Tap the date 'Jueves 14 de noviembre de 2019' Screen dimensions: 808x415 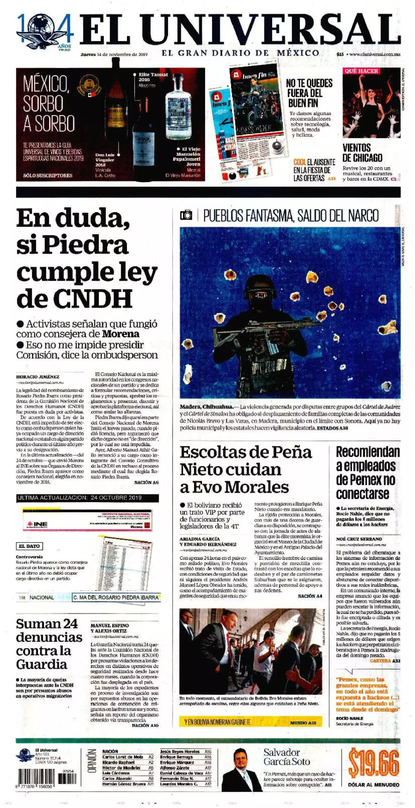click(x=114, y=54)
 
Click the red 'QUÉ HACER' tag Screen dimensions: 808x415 click(x=361, y=71)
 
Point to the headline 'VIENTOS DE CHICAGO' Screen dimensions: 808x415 click(x=362, y=153)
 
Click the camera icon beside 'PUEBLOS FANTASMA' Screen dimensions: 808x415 click(x=186, y=215)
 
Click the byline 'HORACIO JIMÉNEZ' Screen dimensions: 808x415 click(x=37, y=377)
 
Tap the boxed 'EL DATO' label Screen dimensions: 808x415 click(x=29, y=546)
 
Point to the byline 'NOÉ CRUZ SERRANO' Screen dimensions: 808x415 click(x=359, y=539)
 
